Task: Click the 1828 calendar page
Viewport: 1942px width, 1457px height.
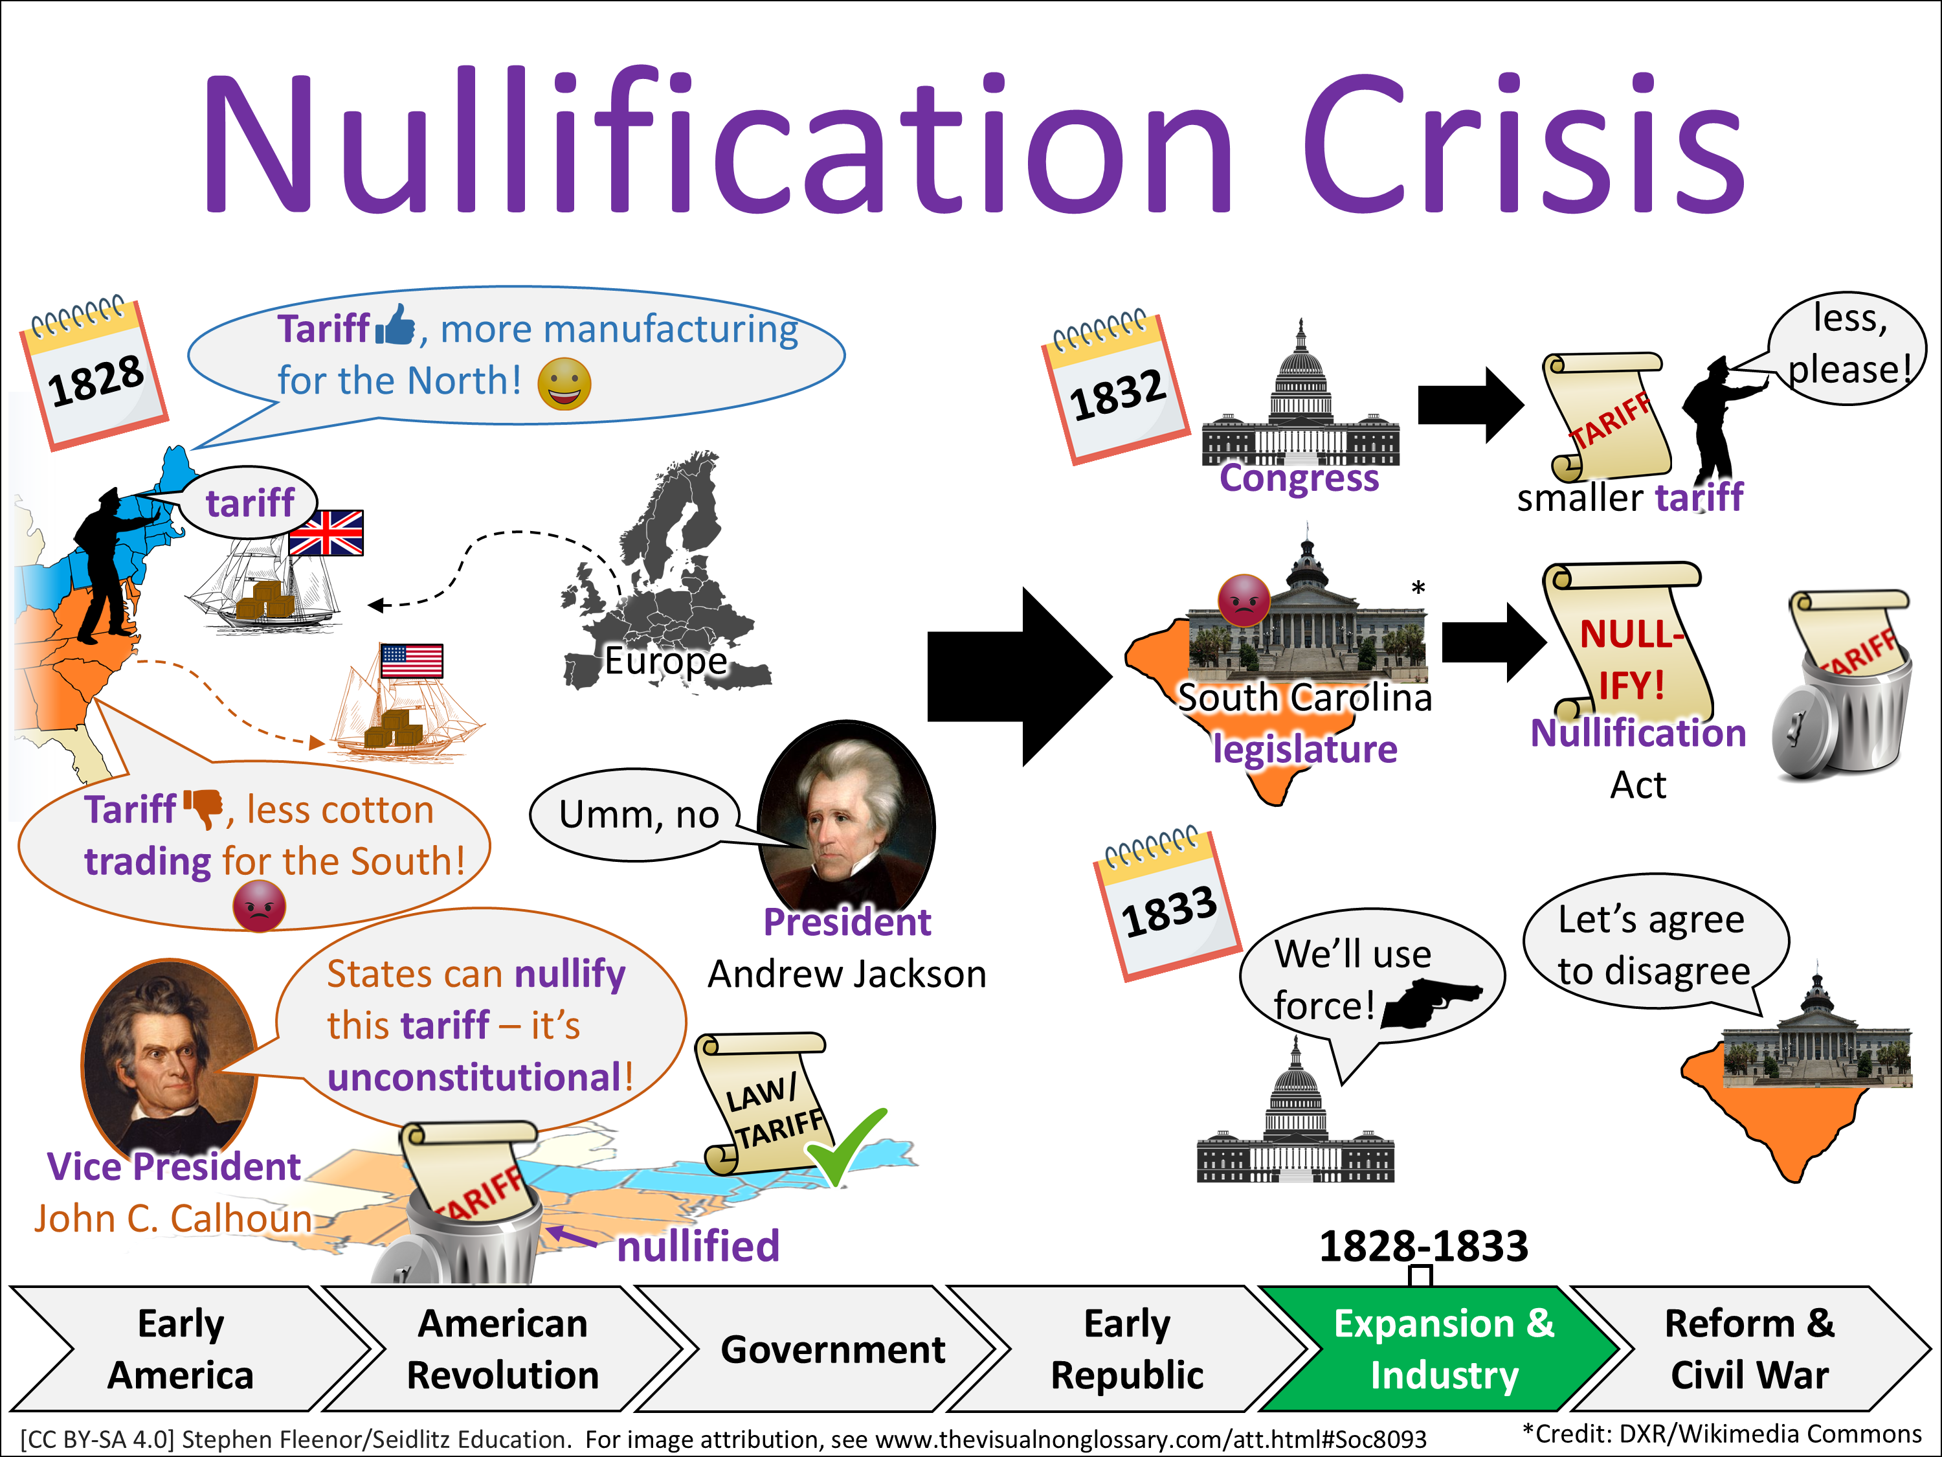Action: coord(95,376)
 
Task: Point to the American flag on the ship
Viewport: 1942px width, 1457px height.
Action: coord(411,661)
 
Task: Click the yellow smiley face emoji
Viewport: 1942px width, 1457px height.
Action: coord(564,384)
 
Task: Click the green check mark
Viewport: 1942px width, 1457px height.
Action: coord(845,1146)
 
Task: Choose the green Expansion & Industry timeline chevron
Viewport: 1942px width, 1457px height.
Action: coord(1440,1348)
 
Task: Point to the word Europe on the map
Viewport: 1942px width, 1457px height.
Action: coord(665,661)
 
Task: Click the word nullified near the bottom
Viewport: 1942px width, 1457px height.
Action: coord(698,1245)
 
